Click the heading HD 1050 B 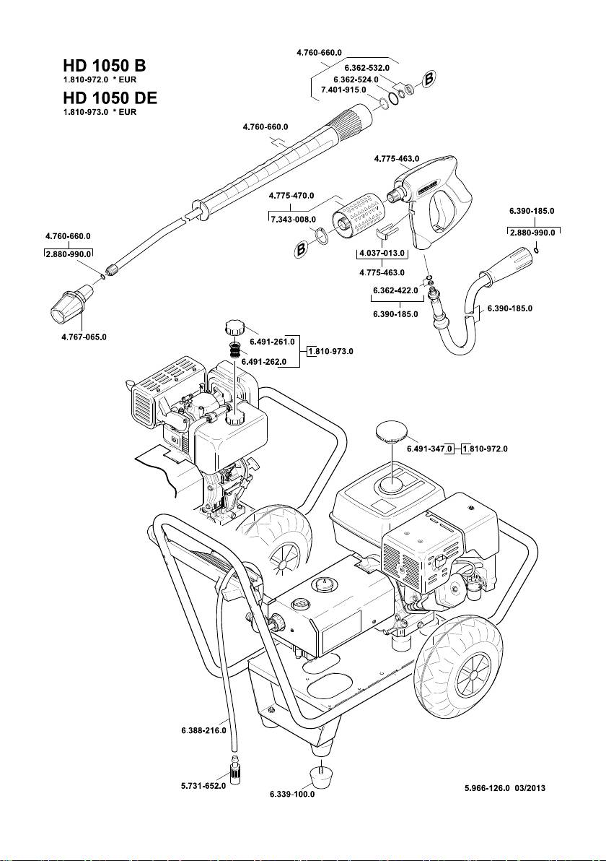[x=105, y=65]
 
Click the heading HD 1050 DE [x=110, y=98]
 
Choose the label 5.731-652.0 [x=203, y=786]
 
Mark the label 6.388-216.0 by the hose [x=203, y=730]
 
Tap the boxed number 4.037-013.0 [x=382, y=254]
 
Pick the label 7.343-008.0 [x=293, y=219]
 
